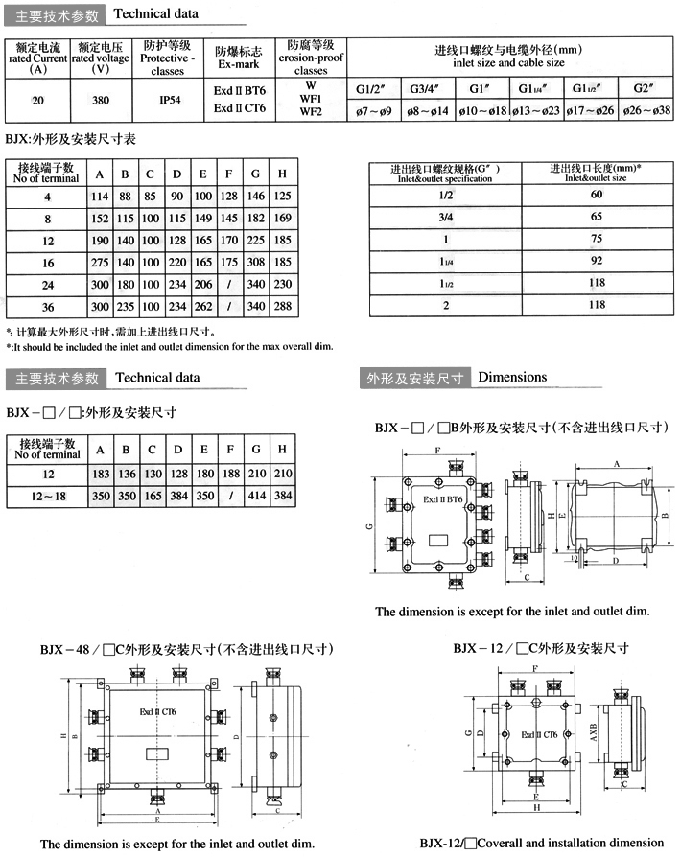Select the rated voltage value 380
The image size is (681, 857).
pyautogui.click(x=100, y=100)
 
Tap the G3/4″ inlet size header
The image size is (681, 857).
pyautogui.click(x=429, y=90)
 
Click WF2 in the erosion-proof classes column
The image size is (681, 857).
pyautogui.click(x=311, y=112)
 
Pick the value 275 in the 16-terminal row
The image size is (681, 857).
pyautogui.click(x=99, y=262)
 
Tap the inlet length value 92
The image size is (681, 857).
pyautogui.click(x=597, y=259)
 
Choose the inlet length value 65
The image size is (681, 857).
pyautogui.click(x=597, y=217)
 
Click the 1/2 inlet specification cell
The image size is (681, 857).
pyautogui.click(x=446, y=195)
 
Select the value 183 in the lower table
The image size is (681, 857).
pyautogui.click(x=99, y=475)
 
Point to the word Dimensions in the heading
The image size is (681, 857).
pyautogui.click(x=512, y=378)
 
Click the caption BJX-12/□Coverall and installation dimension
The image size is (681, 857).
pyautogui.click(x=541, y=844)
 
